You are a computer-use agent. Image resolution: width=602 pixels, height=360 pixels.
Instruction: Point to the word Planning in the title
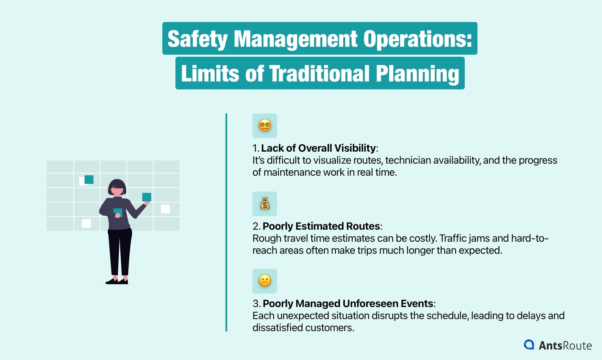[417, 74]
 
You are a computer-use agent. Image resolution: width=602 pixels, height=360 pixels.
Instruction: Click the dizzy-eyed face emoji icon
[265, 126]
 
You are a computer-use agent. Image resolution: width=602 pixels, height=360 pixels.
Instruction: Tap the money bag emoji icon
[265, 204]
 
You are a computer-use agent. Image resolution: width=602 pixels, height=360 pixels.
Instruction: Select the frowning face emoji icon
[265, 281]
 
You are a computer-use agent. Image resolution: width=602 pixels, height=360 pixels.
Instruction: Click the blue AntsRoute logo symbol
[529, 345]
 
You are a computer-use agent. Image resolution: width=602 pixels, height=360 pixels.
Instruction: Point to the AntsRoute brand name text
[565, 345]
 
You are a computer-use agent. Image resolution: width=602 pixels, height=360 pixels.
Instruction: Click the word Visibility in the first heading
[355, 148]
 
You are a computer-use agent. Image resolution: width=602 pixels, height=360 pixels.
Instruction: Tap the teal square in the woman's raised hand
[147, 197]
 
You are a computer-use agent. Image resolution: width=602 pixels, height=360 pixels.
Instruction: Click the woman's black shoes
[117, 281]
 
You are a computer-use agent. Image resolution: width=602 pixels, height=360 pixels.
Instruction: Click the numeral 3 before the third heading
[256, 304]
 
